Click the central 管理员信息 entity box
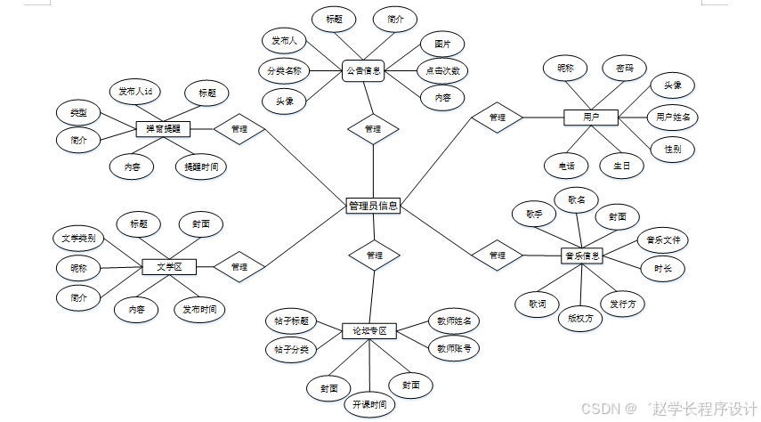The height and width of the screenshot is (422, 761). (x=373, y=206)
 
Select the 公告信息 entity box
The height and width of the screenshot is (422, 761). (x=364, y=72)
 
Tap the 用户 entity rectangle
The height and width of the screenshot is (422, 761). (x=590, y=117)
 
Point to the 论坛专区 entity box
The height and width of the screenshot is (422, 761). (x=369, y=331)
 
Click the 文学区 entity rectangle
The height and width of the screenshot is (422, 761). (x=168, y=265)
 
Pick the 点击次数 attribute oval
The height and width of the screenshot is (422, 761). (x=442, y=70)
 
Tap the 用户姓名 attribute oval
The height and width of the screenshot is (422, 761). (x=672, y=117)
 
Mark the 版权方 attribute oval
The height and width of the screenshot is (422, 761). (x=579, y=316)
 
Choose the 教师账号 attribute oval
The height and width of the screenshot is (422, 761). (x=453, y=348)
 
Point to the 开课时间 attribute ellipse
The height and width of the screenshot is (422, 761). (x=369, y=403)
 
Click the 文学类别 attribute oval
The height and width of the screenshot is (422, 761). (x=77, y=239)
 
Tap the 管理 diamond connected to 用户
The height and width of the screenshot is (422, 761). (x=498, y=117)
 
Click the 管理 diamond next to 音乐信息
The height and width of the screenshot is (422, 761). (x=498, y=256)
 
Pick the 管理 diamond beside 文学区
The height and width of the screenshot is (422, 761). (x=239, y=265)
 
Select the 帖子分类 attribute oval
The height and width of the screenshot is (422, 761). (x=291, y=350)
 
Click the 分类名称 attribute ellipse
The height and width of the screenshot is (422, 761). (x=285, y=70)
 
